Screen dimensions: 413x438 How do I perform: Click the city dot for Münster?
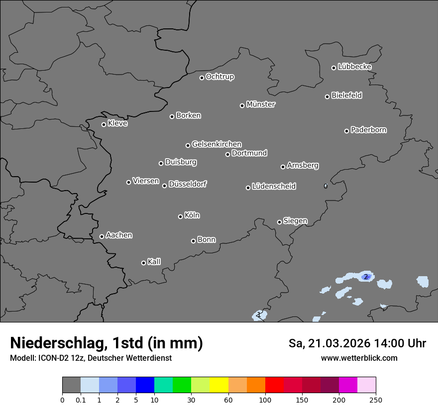242,105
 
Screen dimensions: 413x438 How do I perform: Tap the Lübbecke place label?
354,67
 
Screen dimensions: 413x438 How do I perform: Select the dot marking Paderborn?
347,131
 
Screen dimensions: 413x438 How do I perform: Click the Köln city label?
192,215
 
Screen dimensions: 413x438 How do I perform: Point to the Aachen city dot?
102,236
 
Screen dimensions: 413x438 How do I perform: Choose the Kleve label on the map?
117,123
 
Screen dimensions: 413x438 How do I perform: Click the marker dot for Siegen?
279,222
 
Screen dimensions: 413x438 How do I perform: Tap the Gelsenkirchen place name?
217,144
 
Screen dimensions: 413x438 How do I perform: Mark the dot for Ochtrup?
202,78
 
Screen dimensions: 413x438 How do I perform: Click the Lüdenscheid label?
274,187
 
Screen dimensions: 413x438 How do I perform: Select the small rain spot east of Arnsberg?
326,186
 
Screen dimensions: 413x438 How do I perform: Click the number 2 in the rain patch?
366,277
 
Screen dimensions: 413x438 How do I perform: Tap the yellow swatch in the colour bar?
219,385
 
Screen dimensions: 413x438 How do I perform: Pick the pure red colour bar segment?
274,385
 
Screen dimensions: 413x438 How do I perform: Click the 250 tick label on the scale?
376,400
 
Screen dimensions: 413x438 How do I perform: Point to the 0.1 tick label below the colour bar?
80,400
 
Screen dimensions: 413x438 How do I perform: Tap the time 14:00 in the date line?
384,343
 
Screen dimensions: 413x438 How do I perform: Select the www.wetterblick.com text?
359,358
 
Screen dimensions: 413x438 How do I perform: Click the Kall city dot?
144,263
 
